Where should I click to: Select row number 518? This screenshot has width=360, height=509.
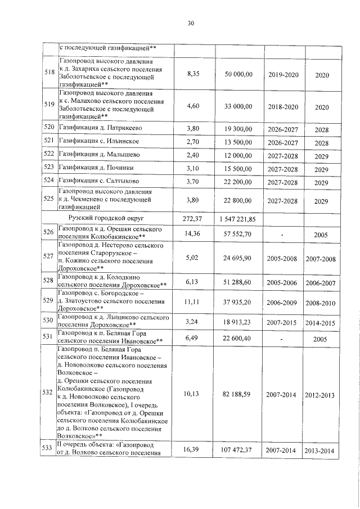tap(51, 72)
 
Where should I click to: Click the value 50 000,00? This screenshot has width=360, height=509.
tap(238, 74)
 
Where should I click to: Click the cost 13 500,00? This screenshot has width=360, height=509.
tap(238, 142)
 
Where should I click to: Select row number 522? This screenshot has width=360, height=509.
tap(51, 155)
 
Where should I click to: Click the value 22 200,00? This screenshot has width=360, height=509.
tap(238, 182)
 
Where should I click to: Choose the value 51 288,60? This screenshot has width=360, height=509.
tap(238, 282)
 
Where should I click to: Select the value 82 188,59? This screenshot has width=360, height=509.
tap(238, 395)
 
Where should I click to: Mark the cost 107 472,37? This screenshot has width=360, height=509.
tap(238, 450)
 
